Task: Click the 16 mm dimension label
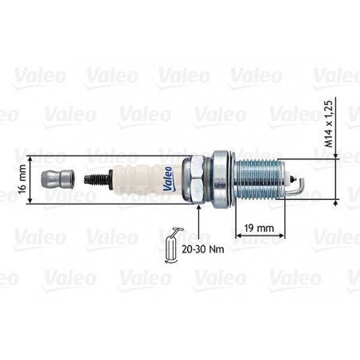[22, 179]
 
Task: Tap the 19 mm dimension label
[259, 228]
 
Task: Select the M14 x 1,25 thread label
[329, 123]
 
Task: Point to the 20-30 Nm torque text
[203, 249]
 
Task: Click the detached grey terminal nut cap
[58, 179]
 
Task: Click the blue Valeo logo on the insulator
[168, 179]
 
